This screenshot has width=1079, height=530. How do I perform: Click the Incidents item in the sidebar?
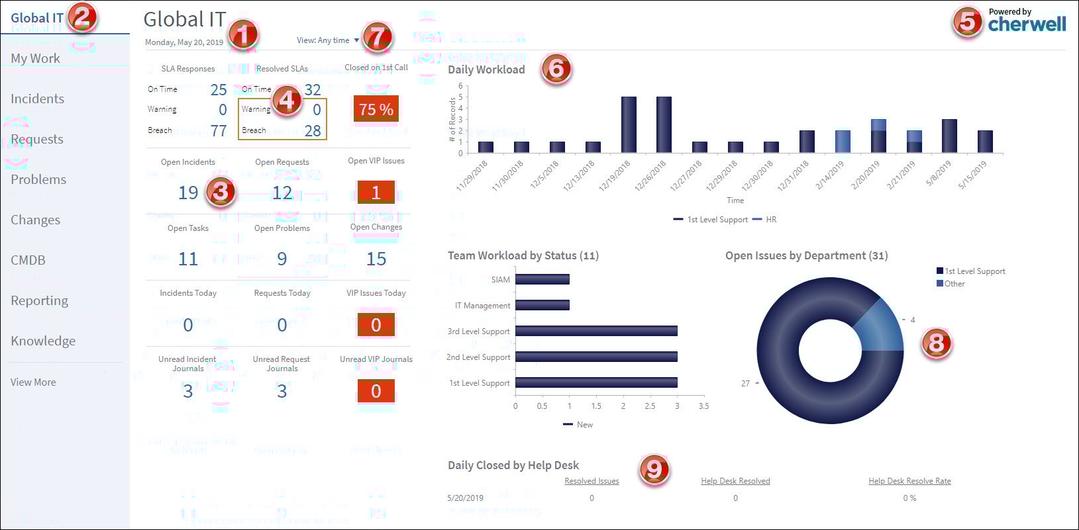[x=38, y=99]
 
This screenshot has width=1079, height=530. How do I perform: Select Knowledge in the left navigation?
[x=43, y=341]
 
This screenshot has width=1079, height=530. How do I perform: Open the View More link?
[x=33, y=382]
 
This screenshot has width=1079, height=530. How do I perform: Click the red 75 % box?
[x=376, y=109]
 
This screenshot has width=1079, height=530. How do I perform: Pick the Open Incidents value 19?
[x=188, y=193]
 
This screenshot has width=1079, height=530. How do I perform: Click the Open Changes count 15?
[x=376, y=259]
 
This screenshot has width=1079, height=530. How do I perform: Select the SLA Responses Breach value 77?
[x=219, y=131]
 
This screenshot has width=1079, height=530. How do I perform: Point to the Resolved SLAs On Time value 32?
[x=313, y=89]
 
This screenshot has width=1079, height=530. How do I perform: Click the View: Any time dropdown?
[x=328, y=40]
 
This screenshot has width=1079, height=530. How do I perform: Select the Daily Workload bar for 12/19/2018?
[x=629, y=124]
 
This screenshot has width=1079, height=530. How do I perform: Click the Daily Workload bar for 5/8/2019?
[x=949, y=136]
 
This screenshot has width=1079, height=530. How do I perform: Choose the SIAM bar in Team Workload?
[x=542, y=279]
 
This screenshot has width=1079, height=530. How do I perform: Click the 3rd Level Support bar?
[x=596, y=331]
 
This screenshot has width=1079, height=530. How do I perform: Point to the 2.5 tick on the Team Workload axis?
[x=650, y=406]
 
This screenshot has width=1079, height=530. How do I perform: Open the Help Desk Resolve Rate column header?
[x=909, y=481]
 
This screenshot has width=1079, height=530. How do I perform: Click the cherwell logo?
[x=1027, y=24]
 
